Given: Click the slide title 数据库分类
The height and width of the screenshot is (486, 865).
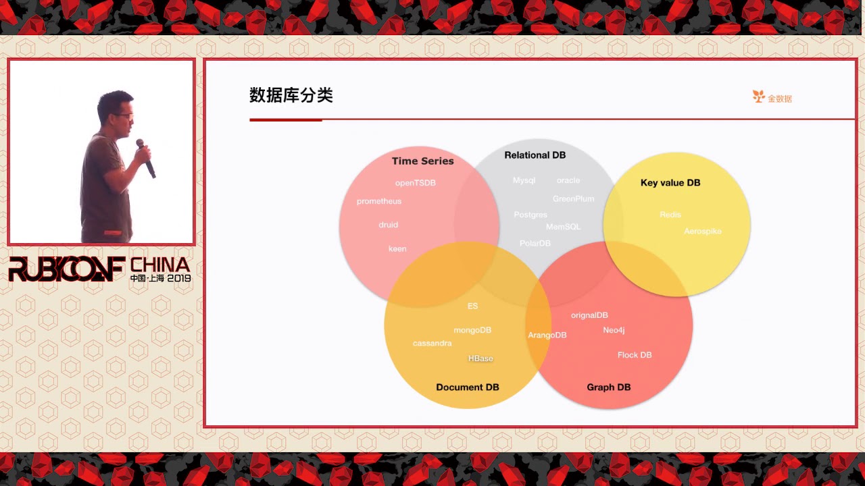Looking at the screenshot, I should [x=291, y=96].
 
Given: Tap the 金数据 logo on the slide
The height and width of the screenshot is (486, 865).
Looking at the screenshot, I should [x=772, y=98].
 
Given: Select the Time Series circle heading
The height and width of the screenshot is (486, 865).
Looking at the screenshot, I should [x=423, y=161].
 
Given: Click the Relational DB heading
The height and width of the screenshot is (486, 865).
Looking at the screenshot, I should [x=535, y=155].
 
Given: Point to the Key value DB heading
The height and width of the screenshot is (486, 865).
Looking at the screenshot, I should [x=670, y=183].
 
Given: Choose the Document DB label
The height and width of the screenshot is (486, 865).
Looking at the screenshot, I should [x=468, y=387].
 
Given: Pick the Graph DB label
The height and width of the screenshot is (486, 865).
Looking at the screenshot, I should [x=609, y=387].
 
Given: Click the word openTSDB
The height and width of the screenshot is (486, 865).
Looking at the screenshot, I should [x=416, y=183].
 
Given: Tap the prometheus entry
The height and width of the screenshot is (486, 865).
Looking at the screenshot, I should [x=379, y=201].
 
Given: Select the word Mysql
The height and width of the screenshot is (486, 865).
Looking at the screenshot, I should [x=524, y=181].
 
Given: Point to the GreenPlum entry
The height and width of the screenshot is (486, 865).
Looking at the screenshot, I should [x=574, y=199].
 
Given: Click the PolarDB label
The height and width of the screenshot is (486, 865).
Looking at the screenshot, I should [x=535, y=243].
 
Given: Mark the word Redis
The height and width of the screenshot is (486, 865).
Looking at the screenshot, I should [x=670, y=215].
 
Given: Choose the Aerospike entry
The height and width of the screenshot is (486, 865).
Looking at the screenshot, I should [x=703, y=232].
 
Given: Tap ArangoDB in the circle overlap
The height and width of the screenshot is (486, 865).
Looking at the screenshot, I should [x=547, y=335].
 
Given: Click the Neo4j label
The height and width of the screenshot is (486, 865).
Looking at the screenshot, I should [x=614, y=330].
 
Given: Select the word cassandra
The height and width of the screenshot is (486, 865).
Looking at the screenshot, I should [x=432, y=344].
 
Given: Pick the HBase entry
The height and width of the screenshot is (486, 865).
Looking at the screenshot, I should [x=480, y=358].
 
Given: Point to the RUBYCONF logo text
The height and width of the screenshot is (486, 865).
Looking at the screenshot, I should [x=66, y=269].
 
